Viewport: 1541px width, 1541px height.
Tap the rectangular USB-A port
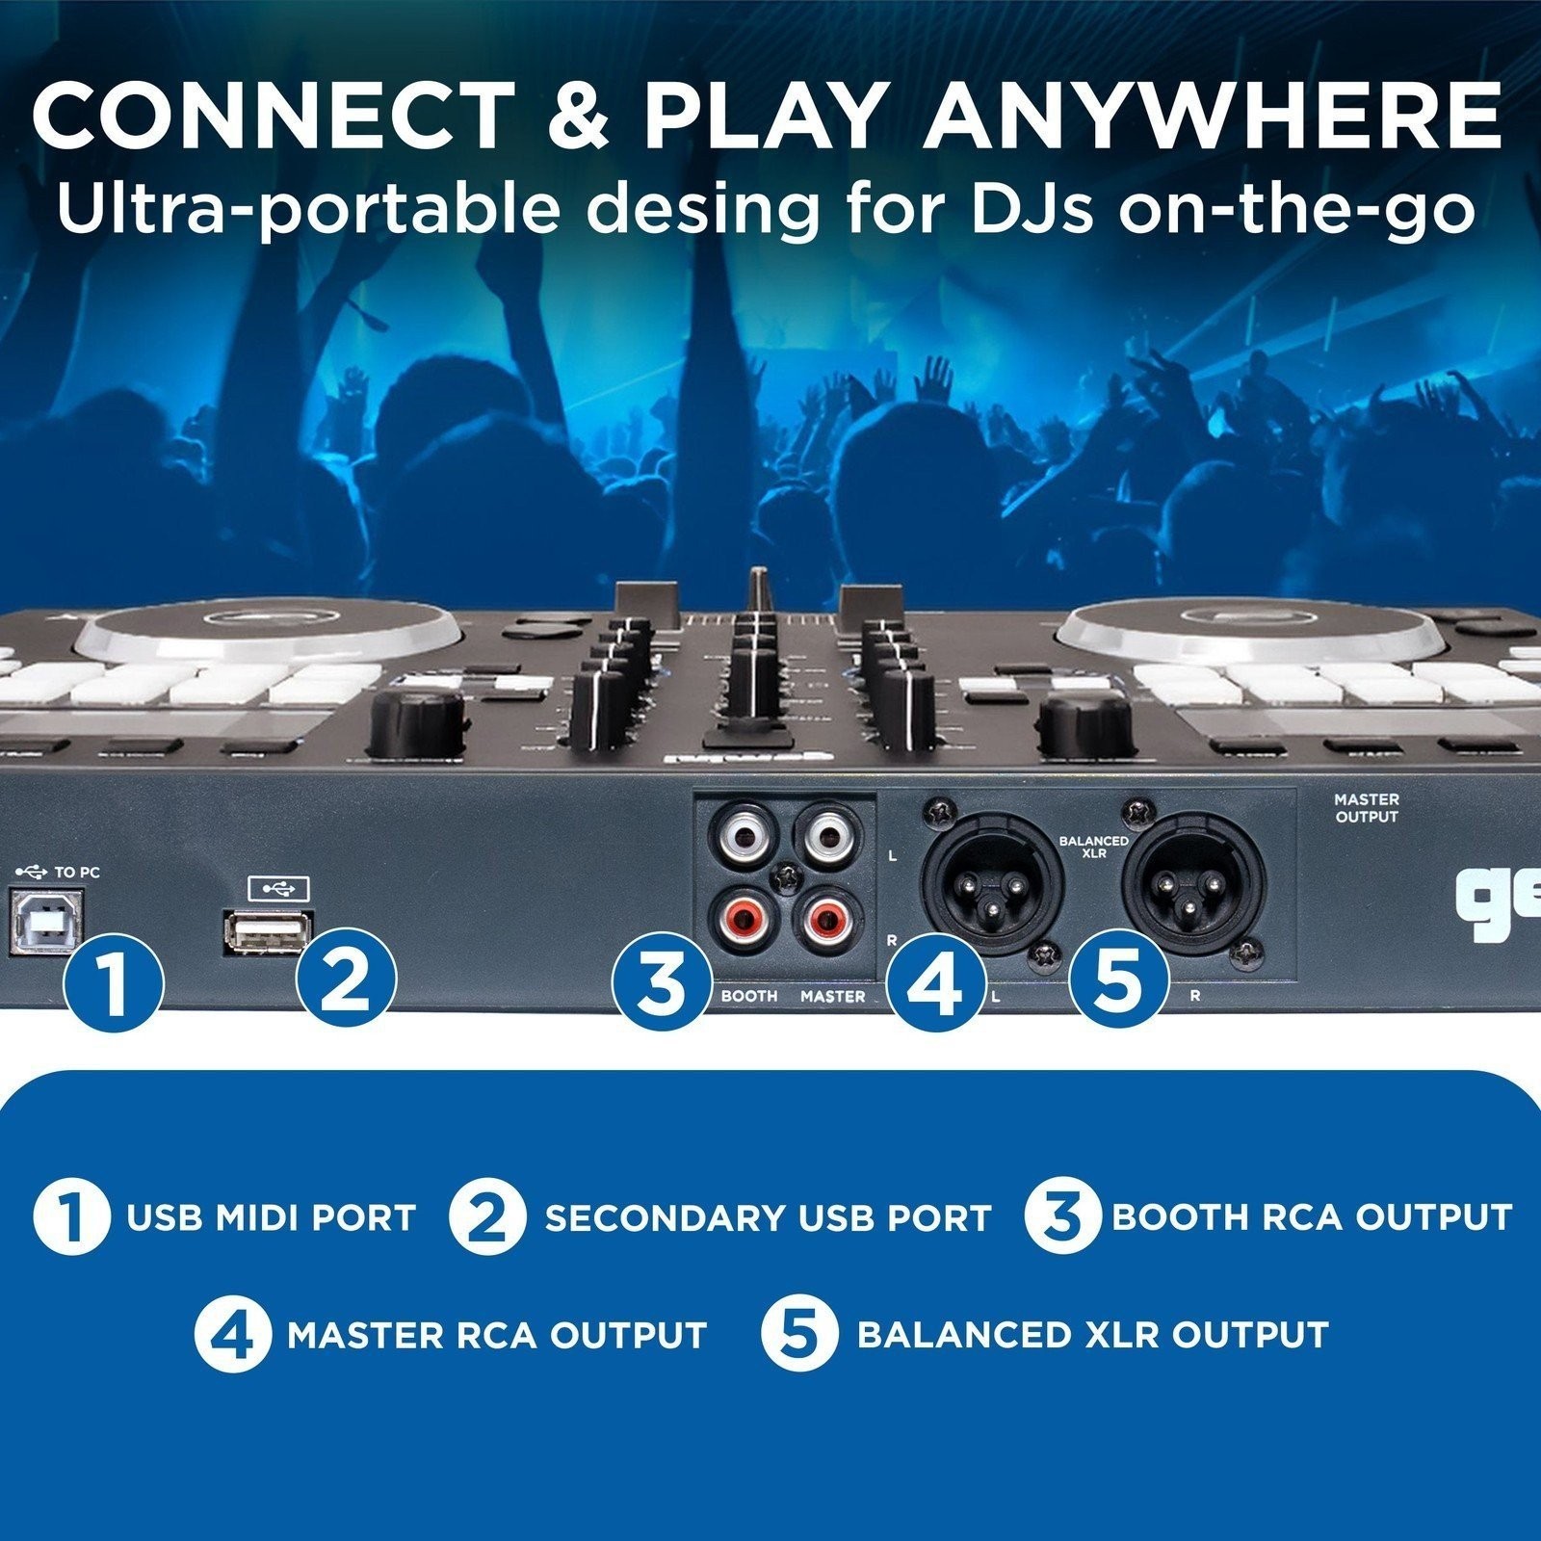[267, 930]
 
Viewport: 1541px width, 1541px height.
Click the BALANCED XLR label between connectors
[1093, 847]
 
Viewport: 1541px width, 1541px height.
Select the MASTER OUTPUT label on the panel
[1366, 808]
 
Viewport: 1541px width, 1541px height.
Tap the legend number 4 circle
[233, 1335]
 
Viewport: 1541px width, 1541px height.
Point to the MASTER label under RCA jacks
[833, 996]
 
